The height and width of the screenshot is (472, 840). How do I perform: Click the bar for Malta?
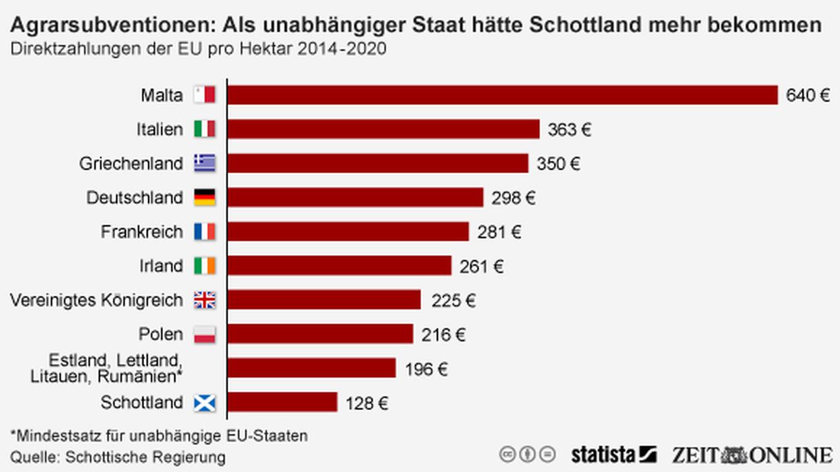point(502,95)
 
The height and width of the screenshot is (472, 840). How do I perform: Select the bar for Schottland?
point(282,402)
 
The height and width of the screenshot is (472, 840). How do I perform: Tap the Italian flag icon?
point(205,129)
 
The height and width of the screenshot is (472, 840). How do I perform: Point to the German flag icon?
point(205,198)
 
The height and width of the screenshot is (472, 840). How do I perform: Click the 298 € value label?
point(514,198)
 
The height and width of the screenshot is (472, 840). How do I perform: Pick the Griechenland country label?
point(131,164)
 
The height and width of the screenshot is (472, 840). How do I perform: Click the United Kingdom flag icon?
point(205,300)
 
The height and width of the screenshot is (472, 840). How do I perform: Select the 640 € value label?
point(808,96)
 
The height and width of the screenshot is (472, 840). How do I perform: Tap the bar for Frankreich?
point(348,231)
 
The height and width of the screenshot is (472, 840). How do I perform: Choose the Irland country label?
point(161,266)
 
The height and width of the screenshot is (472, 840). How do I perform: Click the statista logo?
point(613,455)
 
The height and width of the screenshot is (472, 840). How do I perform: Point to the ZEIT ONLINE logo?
point(751,455)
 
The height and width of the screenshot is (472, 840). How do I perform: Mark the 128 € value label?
point(367,404)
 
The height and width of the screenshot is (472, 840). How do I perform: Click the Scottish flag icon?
point(205,403)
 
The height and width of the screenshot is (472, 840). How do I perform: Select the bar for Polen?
point(320,334)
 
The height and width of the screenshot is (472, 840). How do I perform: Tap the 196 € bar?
point(311,368)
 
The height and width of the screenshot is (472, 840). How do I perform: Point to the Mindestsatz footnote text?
point(159,436)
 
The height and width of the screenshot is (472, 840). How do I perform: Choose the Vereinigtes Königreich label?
point(97,300)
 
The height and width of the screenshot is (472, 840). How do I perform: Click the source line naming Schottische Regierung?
point(118,457)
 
